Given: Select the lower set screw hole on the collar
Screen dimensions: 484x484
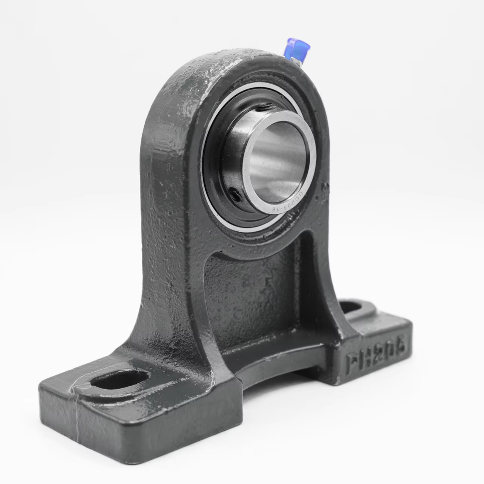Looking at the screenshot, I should click(x=236, y=196).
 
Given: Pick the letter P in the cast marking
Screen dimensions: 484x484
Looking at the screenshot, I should click(x=352, y=363).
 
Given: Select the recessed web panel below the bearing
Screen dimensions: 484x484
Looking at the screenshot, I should click(x=252, y=300).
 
